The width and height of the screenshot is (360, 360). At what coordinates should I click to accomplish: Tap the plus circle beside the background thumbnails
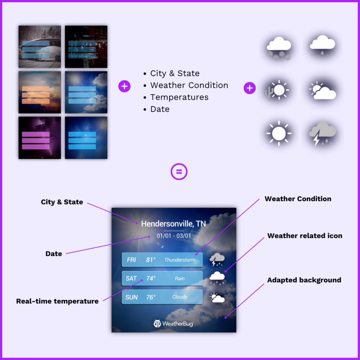pos(124,86)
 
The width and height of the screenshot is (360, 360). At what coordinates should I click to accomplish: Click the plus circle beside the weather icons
pos(250,88)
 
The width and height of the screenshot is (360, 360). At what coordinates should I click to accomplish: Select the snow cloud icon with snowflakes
pos(279,48)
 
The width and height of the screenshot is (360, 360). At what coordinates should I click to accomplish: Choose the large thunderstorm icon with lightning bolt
pos(322,134)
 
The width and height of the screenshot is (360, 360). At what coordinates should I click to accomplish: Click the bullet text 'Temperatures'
pos(179,97)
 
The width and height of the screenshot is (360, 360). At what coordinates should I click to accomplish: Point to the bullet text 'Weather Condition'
pos(189,85)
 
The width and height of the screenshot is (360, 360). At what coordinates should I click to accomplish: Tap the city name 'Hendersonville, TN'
pos(173,224)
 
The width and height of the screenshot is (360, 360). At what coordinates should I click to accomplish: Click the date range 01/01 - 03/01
pos(173,236)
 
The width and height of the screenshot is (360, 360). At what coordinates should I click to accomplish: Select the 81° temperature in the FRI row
pos(151,260)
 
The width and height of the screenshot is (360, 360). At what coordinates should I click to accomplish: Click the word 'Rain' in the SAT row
pos(180,278)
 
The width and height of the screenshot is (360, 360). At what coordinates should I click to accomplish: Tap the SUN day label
pos(131,297)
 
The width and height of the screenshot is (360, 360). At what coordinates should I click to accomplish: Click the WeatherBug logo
pos(173,324)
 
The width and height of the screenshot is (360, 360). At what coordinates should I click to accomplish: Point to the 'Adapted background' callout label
pos(304,280)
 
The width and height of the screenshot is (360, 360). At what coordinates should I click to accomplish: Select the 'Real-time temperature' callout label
pos(57,301)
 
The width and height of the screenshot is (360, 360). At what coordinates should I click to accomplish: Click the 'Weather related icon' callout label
pos(305,236)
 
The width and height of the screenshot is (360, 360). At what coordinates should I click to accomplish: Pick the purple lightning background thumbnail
pos(40,138)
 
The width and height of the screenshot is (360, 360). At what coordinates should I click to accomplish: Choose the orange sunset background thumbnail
pos(40,92)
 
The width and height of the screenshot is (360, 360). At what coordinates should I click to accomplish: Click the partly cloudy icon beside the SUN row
pos(217,298)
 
